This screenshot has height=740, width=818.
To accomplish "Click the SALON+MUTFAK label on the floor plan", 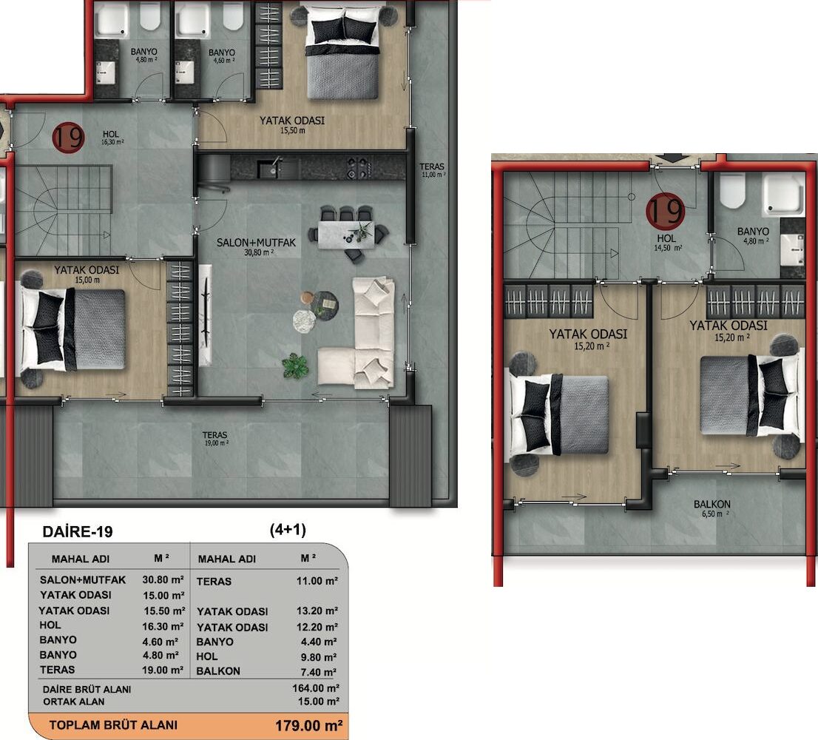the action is (x=256, y=243).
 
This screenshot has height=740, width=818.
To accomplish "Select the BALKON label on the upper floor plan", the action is (x=711, y=504).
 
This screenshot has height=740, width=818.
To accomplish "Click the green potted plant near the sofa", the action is (x=295, y=365).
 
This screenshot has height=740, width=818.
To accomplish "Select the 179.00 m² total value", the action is (x=309, y=726).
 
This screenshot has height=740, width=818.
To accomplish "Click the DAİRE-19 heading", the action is (x=77, y=532).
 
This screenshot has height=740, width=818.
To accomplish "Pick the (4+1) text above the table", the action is (x=288, y=531).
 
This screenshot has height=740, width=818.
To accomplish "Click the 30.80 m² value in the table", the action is (x=163, y=579).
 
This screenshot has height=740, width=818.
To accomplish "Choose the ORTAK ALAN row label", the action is (x=73, y=702).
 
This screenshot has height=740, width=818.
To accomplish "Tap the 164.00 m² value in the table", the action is (x=316, y=688).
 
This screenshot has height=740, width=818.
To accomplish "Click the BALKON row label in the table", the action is (x=218, y=671).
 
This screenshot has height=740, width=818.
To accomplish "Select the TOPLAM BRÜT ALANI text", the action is (x=113, y=725).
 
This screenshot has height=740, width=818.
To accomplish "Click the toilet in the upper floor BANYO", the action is (x=732, y=191).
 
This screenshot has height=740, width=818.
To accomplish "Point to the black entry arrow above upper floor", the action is (x=672, y=158).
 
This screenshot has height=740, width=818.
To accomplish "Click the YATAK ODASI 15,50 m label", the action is (x=292, y=125).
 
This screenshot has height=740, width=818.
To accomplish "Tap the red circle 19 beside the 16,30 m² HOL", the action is (x=68, y=137).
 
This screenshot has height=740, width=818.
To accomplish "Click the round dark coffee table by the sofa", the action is (x=325, y=306).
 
